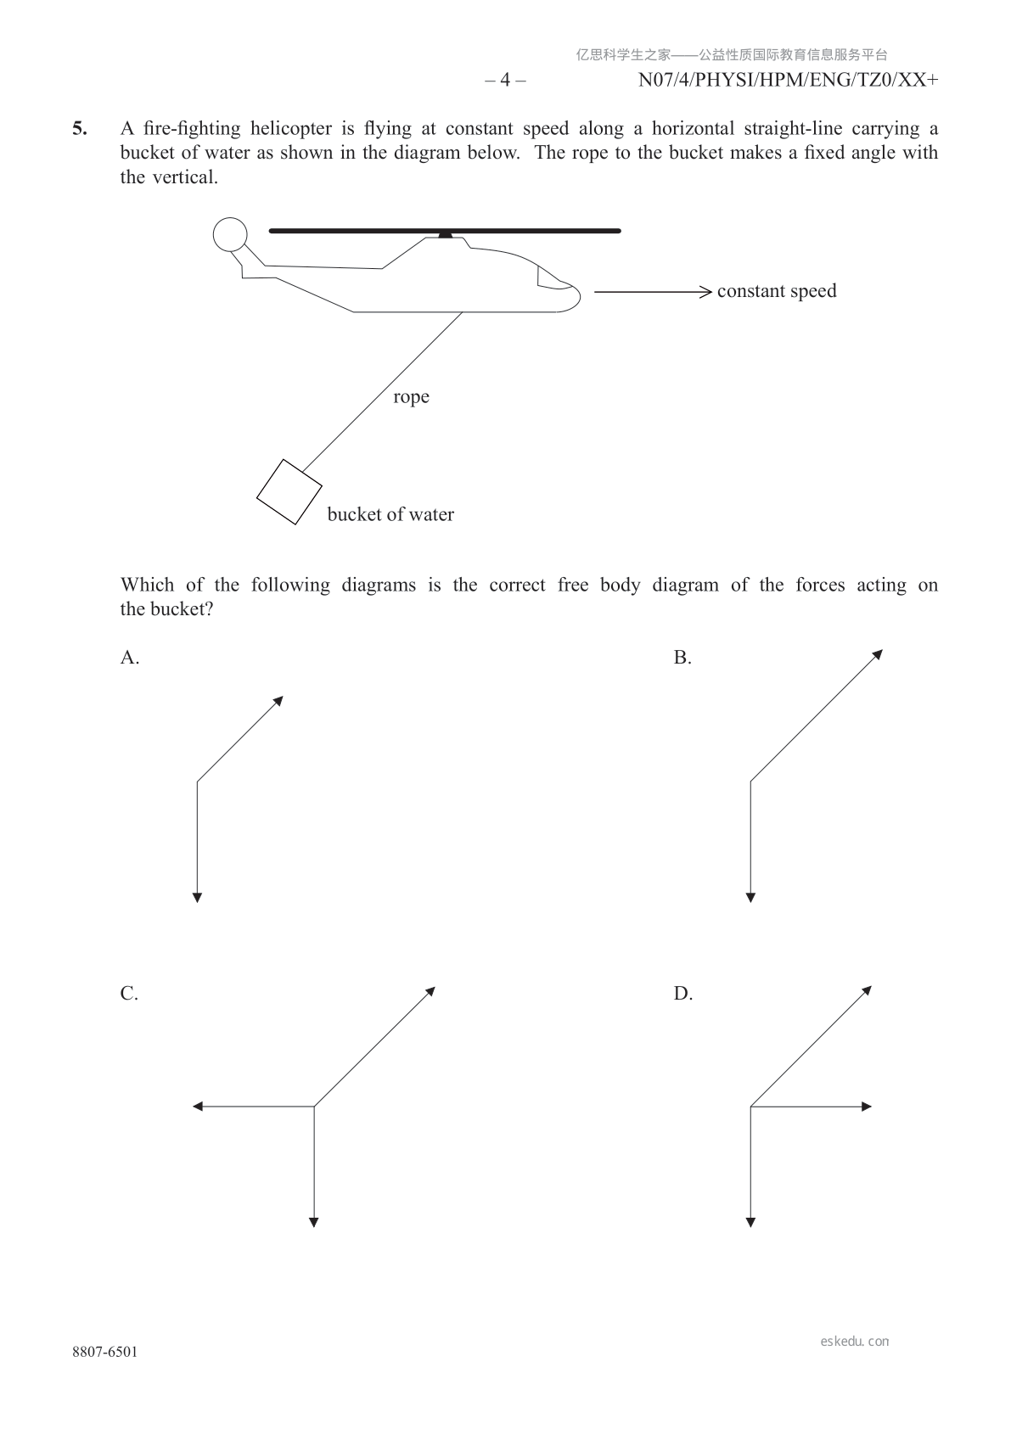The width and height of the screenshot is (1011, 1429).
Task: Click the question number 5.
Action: click(x=79, y=129)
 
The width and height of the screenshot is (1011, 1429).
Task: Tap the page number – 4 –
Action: click(x=505, y=81)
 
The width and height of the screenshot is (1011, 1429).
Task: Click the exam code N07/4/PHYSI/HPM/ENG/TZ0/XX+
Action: click(x=788, y=81)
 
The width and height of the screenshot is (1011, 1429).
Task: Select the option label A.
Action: click(x=130, y=658)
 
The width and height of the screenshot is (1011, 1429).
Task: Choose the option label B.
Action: click(x=682, y=658)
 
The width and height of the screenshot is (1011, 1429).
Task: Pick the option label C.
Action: click(x=129, y=994)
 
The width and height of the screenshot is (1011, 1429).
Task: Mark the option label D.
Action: click(x=683, y=994)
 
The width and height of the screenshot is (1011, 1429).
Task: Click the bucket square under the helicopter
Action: click(x=289, y=492)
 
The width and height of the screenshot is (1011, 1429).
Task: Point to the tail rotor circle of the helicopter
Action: click(x=229, y=235)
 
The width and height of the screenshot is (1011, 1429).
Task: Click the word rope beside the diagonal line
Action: click(x=411, y=397)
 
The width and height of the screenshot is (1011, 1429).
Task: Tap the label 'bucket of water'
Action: click(x=390, y=514)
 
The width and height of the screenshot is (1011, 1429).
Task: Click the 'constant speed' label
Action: click(x=777, y=291)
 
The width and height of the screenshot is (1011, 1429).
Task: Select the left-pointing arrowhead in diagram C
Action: click(x=198, y=1106)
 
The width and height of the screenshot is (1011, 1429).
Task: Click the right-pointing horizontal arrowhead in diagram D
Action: click(x=867, y=1106)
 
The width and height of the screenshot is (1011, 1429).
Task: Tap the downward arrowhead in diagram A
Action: click(x=197, y=897)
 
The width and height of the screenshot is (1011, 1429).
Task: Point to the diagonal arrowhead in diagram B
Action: click(x=879, y=653)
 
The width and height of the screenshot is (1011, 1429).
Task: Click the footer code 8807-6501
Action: click(x=104, y=1352)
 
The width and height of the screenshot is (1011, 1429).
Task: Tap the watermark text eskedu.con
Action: click(x=855, y=1342)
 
